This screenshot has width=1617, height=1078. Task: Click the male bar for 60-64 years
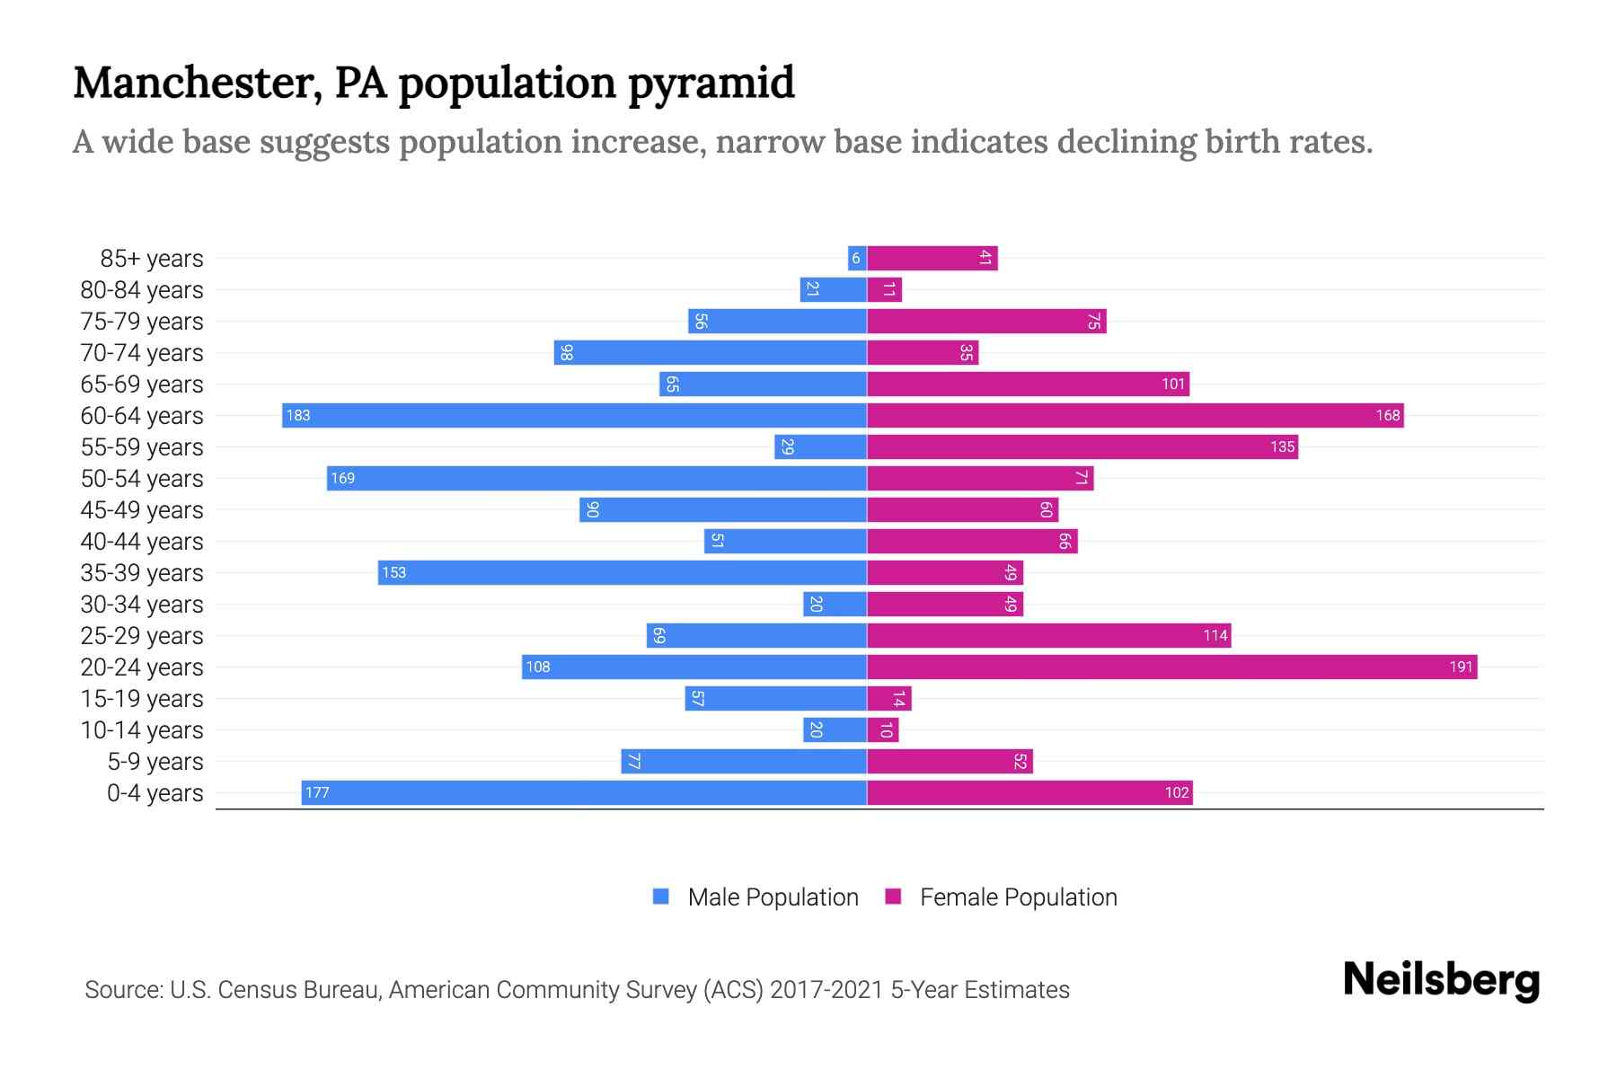click(x=575, y=415)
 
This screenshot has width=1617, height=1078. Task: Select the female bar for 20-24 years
click(x=1171, y=667)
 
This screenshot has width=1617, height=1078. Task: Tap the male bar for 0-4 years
click(x=584, y=792)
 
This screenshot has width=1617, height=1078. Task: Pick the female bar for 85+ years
click(x=932, y=258)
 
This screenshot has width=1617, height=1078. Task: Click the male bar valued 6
click(x=857, y=258)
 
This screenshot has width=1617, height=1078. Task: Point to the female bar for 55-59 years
click(x=1082, y=446)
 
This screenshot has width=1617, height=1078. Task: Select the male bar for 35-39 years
click(x=622, y=572)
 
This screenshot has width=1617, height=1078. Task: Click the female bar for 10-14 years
click(x=883, y=729)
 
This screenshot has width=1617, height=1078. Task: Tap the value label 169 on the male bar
click(x=342, y=478)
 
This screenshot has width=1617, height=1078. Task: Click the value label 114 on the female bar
click(x=1215, y=635)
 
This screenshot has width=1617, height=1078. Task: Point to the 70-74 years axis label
click(x=142, y=352)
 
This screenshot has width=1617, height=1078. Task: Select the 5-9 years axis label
click(x=155, y=761)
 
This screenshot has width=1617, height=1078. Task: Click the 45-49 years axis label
click(x=142, y=509)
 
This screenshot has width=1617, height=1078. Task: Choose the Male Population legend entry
click(x=773, y=897)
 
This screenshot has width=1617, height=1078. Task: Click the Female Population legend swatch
click(x=893, y=897)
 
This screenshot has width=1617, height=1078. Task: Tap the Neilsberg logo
click(x=1441, y=980)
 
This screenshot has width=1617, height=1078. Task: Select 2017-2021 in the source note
click(x=826, y=989)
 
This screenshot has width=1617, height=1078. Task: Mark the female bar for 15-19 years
click(x=889, y=698)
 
